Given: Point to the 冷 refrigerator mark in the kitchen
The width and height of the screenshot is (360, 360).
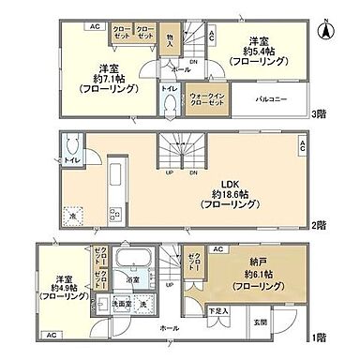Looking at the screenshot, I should click(x=72, y=216).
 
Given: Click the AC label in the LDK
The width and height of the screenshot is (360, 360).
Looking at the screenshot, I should click(x=303, y=145).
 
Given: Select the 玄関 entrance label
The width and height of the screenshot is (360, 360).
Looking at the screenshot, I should click(x=287, y=323).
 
